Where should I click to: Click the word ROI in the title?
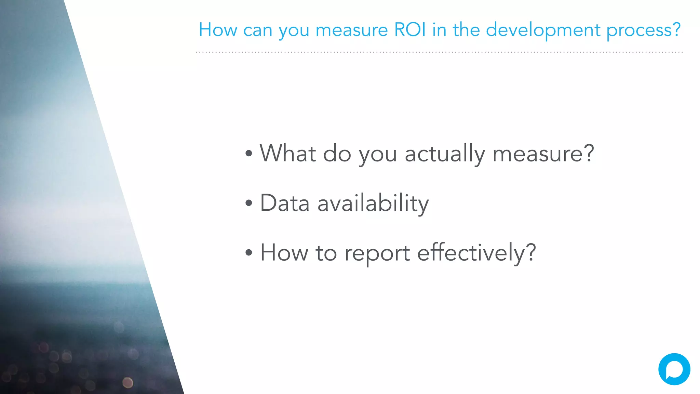pos(410,30)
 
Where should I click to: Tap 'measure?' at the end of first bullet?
pos(543,154)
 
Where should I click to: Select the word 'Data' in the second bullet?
pos(285,203)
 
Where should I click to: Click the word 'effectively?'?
pos(476,253)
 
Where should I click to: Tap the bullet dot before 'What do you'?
pos(249,154)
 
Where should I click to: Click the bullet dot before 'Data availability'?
pos(249,203)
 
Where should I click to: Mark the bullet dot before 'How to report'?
pos(249,253)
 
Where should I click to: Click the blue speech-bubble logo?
pos(674,369)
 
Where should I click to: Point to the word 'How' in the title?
pos(218,30)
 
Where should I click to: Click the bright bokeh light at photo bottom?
pos(128,382)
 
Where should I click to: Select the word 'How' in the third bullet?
pos(284,253)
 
